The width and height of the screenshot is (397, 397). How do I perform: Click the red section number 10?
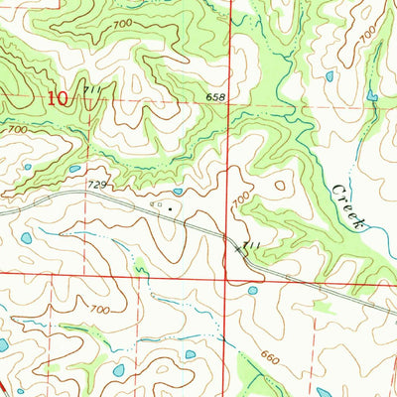[59, 97]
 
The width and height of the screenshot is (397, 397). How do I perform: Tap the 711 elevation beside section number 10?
[93, 92]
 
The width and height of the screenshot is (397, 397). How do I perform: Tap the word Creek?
[349, 207]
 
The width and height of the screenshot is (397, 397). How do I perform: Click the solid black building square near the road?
[171, 209]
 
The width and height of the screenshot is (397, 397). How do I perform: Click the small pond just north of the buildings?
[178, 192]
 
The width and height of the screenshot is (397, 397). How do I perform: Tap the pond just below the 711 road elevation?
[253, 291]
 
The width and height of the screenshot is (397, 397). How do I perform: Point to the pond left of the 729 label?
[74, 169]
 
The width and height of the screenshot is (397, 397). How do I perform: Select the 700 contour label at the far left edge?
[16, 130]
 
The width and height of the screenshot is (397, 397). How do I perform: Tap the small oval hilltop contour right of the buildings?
[279, 185]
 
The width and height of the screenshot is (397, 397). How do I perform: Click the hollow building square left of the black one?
[155, 204]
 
